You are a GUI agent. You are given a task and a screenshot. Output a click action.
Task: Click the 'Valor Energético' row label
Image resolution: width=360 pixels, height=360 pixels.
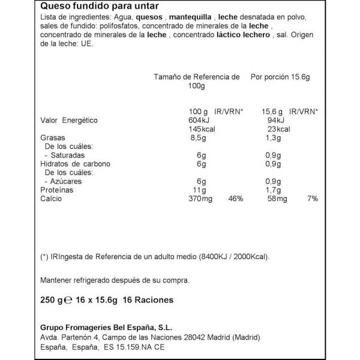69,120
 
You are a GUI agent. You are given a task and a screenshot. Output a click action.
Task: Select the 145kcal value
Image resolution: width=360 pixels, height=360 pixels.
200,129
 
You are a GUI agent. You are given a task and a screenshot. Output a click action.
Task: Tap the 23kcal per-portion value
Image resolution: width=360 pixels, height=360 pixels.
279,129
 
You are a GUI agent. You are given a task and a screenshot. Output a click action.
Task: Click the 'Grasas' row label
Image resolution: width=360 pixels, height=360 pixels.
52,138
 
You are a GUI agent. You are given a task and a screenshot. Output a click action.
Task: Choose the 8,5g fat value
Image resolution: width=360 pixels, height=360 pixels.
197,138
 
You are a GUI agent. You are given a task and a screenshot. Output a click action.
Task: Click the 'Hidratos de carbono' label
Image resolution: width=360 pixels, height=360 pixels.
75,164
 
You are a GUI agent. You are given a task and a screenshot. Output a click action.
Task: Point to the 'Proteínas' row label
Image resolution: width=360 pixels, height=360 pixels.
58,190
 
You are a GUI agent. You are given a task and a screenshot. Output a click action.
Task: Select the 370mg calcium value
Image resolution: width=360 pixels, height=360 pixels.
199,199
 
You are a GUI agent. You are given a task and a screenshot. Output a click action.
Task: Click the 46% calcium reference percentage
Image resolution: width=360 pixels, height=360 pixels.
236,199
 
